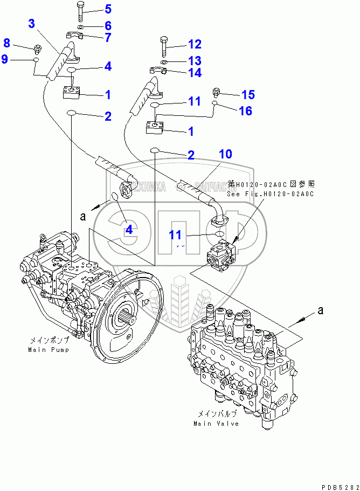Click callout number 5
pos(108,9)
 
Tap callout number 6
pos(108,25)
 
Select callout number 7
pos(108,37)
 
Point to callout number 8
pos(7,43)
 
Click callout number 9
pos(5,59)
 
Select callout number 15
pos(247,95)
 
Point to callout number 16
pos(245,111)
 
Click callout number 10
pos(225,154)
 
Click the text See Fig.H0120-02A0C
pos(269,194)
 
